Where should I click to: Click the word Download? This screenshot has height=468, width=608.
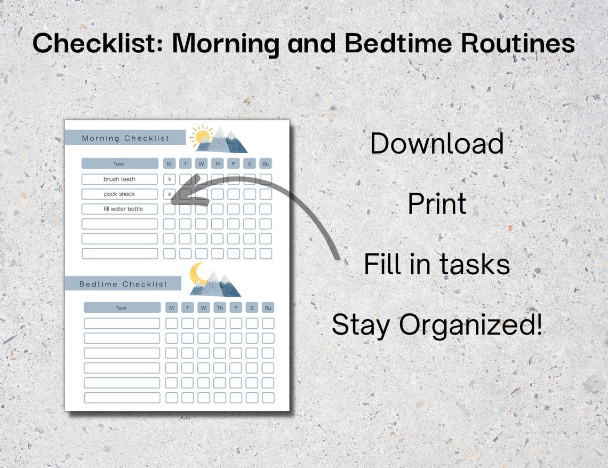[437, 144]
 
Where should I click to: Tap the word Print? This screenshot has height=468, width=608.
[437, 204]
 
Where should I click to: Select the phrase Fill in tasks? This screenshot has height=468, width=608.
[437, 264]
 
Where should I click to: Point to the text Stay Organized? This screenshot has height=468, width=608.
[437, 324]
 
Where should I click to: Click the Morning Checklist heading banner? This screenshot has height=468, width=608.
[125, 138]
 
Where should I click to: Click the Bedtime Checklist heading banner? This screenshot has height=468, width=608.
[123, 284]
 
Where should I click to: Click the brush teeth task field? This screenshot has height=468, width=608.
[119, 179]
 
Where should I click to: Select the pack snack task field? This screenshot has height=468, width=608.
[119, 194]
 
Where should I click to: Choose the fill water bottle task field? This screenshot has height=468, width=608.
[119, 209]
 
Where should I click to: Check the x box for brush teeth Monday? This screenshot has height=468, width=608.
[169, 179]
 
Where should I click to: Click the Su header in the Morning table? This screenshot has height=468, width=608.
[266, 164]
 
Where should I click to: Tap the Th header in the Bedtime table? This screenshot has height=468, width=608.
[220, 308]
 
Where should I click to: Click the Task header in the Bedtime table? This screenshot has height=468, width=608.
[122, 308]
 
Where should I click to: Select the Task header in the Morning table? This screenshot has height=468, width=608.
[119, 164]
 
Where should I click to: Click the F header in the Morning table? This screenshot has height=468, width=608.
[234, 164]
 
